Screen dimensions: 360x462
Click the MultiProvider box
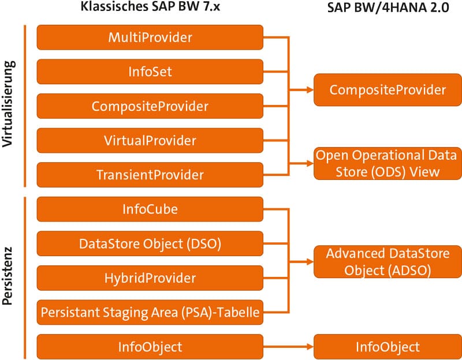[150, 37]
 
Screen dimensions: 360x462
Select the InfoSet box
[150, 72]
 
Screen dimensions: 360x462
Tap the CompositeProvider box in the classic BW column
[150, 107]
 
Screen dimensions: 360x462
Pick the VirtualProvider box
[150, 140]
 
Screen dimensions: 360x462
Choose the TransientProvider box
[150, 175]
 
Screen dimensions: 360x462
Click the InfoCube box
[150, 209]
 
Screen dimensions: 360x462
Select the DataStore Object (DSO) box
[150, 243]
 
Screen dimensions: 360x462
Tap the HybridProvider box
[150, 277]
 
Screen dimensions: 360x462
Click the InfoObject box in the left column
[150, 347]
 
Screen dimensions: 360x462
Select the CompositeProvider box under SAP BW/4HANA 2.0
[388, 90]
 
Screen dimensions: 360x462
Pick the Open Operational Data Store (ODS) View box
[388, 163]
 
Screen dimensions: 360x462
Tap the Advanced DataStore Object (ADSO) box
[388, 261]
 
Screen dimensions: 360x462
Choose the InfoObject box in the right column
[388, 347]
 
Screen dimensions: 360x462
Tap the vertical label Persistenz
[8, 277]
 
